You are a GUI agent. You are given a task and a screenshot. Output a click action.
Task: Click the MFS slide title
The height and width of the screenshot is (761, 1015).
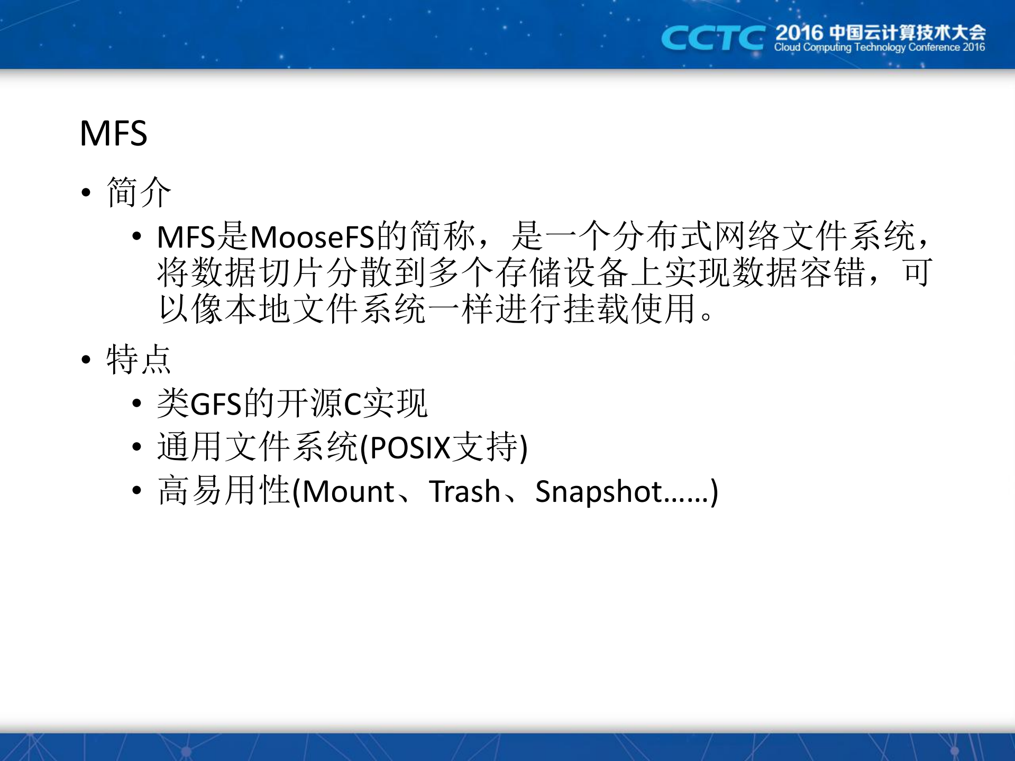coord(113,133)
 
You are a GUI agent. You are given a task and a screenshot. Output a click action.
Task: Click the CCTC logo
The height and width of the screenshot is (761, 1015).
coord(712,38)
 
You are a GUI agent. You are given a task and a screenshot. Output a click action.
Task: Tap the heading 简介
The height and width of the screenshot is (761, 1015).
coord(139,192)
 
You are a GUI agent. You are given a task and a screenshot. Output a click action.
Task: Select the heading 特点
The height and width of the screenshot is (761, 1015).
coord(139,360)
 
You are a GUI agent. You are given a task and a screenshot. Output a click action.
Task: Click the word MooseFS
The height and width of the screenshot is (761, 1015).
coord(312,237)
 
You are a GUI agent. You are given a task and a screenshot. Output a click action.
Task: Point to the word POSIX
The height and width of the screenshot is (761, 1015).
coord(410,448)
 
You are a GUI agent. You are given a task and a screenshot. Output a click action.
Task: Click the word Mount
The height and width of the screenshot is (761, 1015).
coord(349,491)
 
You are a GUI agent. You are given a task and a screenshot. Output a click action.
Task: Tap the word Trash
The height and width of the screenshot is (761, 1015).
coord(464,491)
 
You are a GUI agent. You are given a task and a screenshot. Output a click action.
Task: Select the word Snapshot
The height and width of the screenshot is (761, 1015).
coord(598,491)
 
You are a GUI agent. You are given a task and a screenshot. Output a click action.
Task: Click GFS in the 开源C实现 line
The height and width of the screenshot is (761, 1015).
coord(215,404)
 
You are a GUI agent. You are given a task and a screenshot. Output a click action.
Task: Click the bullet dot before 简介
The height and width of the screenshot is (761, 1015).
coord(86,193)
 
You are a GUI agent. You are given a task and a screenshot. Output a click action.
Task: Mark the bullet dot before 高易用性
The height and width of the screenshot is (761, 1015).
coord(137,491)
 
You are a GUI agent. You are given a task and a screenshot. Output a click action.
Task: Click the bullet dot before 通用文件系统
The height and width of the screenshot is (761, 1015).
coord(137,447)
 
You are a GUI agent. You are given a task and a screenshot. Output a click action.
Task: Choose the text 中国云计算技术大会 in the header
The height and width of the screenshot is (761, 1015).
coord(907,33)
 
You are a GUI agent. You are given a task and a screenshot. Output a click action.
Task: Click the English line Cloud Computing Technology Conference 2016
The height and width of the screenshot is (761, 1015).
coord(879,48)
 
